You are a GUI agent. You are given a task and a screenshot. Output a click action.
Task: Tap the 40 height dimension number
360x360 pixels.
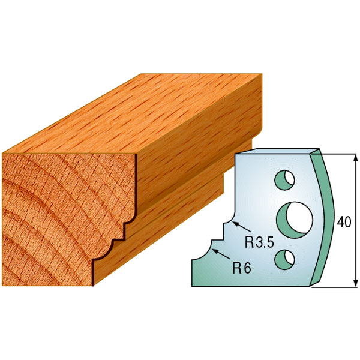(x=344, y=222)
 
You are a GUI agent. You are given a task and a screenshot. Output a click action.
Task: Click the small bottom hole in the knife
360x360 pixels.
(x=284, y=258)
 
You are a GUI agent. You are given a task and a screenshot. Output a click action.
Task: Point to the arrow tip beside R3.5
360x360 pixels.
(x=233, y=223)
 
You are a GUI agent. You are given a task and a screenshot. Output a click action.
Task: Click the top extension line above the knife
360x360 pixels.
(x=342, y=153)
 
